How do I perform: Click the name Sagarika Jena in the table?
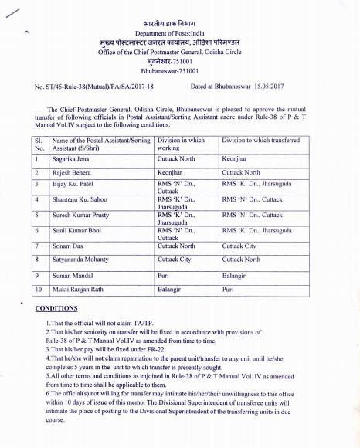(x=75, y=157)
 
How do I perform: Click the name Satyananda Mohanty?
(x=83, y=260)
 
